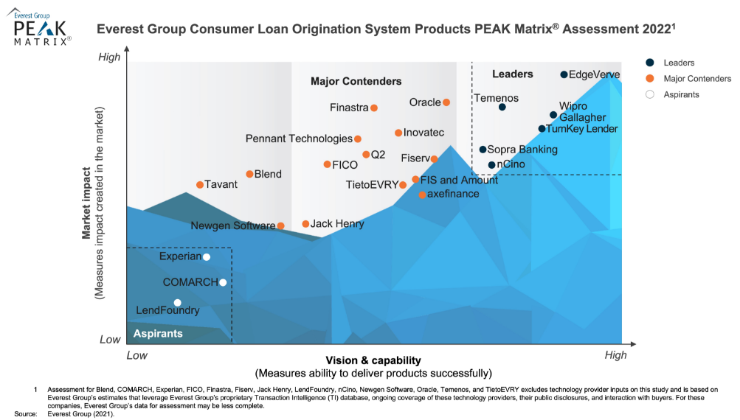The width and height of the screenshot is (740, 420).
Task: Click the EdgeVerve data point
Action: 564,74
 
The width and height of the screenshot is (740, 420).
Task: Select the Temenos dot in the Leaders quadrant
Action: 502,107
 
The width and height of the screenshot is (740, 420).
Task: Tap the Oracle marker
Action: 446,102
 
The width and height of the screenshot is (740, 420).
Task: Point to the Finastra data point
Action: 374,108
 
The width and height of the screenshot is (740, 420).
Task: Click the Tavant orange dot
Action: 200,184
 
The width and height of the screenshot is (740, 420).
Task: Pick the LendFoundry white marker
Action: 177,302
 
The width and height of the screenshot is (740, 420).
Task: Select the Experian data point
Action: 207,256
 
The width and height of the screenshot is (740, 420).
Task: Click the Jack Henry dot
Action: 305,223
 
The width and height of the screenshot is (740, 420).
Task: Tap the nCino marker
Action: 492,164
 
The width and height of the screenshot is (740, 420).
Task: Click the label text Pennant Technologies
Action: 299,139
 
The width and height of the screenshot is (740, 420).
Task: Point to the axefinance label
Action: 453,194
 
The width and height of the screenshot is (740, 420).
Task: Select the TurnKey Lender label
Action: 581,129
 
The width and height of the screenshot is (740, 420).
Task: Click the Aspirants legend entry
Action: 681,94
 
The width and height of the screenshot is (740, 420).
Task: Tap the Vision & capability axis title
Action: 372,360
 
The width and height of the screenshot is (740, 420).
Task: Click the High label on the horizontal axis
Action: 615,355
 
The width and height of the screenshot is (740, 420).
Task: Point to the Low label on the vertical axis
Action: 109,340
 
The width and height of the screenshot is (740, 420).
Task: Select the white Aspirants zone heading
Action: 158,334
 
